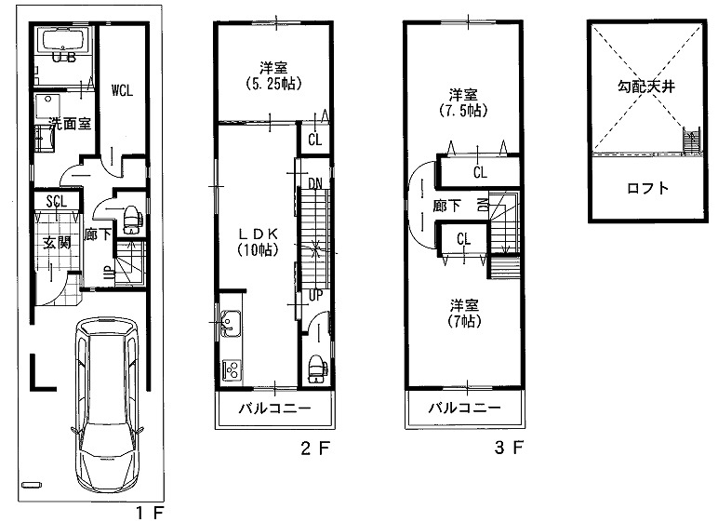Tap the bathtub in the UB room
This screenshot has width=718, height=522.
click(x=64, y=40)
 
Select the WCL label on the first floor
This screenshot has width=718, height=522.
click(x=122, y=90)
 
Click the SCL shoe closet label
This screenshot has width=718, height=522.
click(x=57, y=201)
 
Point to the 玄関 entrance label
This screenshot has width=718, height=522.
click(x=57, y=243)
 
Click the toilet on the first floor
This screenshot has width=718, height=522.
click(x=132, y=220)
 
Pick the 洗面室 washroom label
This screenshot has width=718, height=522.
click(x=70, y=124)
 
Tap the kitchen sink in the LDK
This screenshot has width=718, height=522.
click(x=231, y=324)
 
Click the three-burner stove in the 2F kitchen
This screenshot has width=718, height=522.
click(x=232, y=369)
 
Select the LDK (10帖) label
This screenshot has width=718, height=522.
click(x=258, y=242)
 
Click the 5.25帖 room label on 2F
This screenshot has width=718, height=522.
click(x=273, y=76)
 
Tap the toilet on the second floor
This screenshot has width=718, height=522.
click(x=317, y=368)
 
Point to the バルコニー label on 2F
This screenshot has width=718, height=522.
click(x=274, y=408)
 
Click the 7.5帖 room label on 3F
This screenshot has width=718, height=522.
click(x=463, y=102)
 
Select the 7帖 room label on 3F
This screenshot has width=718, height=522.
click(x=464, y=313)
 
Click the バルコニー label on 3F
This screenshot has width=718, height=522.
click(x=464, y=408)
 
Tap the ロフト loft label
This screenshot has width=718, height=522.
click(x=647, y=188)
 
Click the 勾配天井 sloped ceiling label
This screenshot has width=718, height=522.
click(x=646, y=87)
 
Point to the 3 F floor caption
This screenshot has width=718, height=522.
click(x=509, y=448)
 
